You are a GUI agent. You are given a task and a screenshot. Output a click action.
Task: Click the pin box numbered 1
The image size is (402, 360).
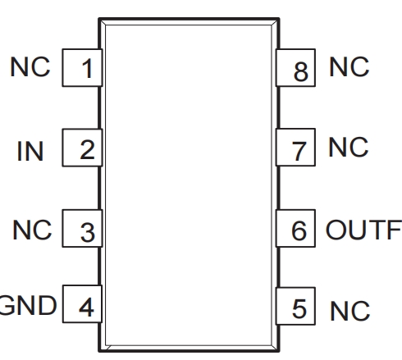(82, 68)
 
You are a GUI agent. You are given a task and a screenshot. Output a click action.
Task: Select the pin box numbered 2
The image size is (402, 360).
(82, 148)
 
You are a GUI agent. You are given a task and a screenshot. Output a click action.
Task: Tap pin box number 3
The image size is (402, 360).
(82, 228)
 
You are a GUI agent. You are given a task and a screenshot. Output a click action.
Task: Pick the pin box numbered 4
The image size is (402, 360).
(82, 304)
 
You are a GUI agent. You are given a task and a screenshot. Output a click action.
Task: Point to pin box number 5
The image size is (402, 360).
(295, 306)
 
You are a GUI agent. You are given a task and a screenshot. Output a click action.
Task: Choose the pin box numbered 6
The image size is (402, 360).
(295, 228)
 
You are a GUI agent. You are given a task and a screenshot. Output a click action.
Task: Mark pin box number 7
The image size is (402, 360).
(295, 147)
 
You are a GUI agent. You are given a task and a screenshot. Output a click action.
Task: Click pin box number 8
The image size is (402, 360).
(295, 68)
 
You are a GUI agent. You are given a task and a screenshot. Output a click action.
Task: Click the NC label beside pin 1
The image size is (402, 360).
(30, 66)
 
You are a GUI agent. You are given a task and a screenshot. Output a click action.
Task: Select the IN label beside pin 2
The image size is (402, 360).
(30, 151)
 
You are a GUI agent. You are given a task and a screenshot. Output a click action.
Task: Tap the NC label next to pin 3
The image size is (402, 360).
(32, 230)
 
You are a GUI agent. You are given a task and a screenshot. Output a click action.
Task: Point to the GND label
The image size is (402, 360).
(28, 306)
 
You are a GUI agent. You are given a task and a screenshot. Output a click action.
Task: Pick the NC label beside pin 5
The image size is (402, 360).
(350, 311)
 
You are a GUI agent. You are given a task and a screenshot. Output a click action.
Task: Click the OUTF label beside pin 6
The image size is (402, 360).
(363, 230)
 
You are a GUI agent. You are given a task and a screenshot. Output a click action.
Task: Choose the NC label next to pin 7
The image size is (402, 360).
(349, 147)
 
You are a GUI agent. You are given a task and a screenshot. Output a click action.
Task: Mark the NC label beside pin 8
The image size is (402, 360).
(349, 66)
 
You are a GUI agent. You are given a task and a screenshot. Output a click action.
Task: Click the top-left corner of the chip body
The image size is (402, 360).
(98, 19)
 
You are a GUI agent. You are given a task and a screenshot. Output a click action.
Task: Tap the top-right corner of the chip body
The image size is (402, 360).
(279, 19)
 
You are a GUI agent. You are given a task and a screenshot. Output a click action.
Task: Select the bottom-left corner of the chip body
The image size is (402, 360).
(98, 351)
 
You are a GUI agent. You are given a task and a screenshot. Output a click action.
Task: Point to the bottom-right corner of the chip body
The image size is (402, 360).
(279, 351)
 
